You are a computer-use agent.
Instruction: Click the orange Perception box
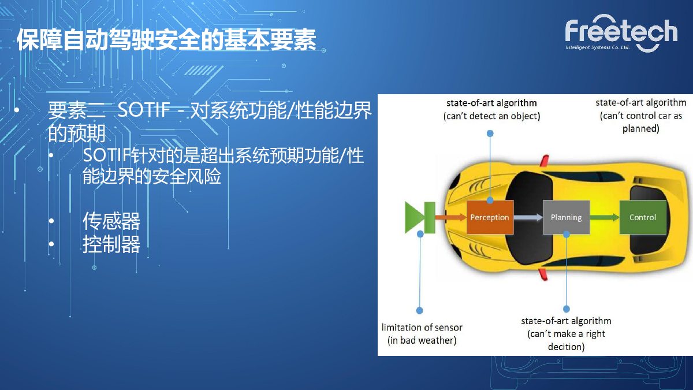click(x=490, y=217)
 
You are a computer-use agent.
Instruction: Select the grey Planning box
click(x=566, y=217)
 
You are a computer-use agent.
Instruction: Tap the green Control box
click(x=643, y=217)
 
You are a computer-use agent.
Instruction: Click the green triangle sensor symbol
click(x=415, y=217)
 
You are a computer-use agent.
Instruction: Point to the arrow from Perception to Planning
click(x=528, y=217)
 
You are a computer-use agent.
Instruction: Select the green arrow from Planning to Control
click(x=605, y=217)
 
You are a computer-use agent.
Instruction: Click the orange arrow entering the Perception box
click(x=451, y=217)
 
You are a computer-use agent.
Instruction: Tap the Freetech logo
click(x=621, y=33)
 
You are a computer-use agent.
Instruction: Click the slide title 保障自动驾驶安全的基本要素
click(x=166, y=40)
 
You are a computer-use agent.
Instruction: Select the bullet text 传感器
click(x=111, y=221)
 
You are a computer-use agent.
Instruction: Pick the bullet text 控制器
click(x=111, y=244)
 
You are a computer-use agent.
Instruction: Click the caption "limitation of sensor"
click(x=422, y=327)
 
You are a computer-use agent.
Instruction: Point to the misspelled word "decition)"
click(x=566, y=347)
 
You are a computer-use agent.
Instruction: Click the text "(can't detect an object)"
click(x=491, y=116)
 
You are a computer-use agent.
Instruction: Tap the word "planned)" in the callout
click(x=640, y=128)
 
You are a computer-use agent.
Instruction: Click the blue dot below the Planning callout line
click(x=567, y=309)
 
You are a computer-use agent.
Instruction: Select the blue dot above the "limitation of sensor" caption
click(x=419, y=310)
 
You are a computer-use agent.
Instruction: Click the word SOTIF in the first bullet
click(x=144, y=109)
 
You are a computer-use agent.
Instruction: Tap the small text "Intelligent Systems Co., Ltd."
click(x=597, y=47)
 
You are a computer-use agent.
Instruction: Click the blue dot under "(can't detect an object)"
click(x=490, y=133)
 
